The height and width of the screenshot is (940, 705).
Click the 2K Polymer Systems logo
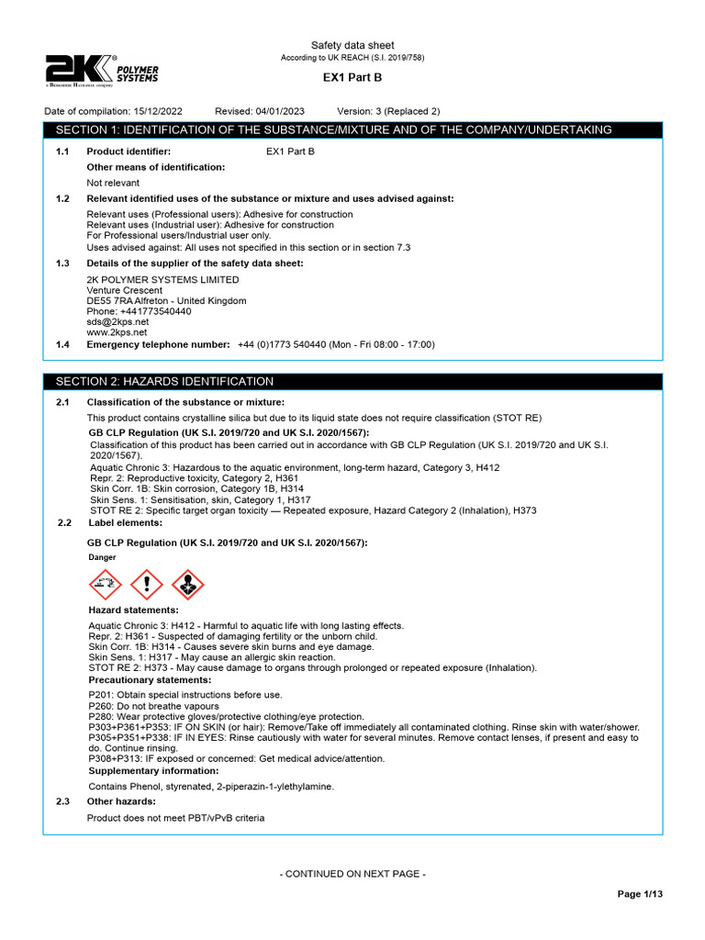102,71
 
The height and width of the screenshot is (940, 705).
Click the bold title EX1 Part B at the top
352,79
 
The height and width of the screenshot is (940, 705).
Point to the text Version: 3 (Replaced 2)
388,111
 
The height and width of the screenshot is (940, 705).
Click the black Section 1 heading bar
352,130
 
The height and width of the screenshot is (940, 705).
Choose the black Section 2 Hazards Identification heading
352,381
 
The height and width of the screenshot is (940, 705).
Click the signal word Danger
103,557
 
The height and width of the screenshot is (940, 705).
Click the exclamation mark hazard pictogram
147,584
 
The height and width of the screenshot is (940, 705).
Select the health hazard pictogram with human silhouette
188,584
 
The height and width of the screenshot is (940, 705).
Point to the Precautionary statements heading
150,680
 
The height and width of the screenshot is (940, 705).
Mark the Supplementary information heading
153,771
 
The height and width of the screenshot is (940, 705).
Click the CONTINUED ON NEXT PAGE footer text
352,874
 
